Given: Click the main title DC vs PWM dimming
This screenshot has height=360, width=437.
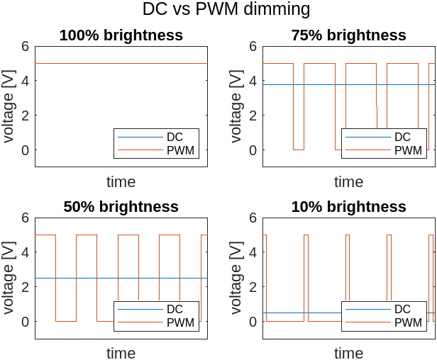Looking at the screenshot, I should tap(226, 9).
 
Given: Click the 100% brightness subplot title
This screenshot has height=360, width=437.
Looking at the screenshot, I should tap(121, 35).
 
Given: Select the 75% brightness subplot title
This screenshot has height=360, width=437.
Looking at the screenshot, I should tap(348, 35).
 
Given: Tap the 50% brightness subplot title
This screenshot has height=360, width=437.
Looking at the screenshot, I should tap(121, 207).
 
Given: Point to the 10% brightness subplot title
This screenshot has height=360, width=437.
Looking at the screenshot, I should tap(348, 207).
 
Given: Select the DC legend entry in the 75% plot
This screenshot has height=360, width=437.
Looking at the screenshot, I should tap(402, 137).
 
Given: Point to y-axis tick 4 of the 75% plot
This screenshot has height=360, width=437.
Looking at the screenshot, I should tap(253, 81).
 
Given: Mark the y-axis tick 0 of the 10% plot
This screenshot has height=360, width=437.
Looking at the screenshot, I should tap(253, 322).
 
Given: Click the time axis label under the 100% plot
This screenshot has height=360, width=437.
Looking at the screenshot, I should tap(121, 182).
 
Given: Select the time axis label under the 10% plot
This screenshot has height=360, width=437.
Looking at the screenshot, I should tap(348, 354).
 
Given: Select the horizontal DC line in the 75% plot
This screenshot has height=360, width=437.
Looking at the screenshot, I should tap(319, 85).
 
